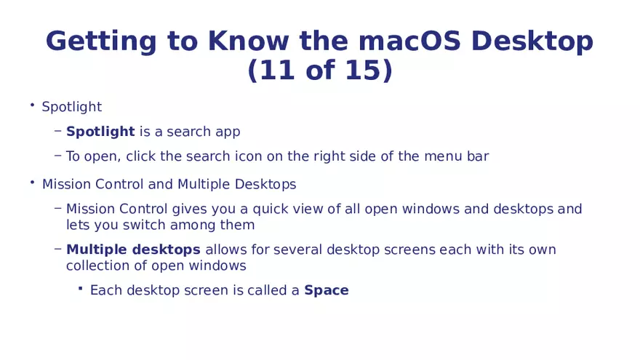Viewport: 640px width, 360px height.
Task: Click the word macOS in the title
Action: pyautogui.click(x=409, y=41)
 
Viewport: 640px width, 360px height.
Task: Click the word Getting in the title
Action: pyautogui.click(x=101, y=42)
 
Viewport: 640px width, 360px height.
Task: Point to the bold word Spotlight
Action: pyautogui.click(x=100, y=132)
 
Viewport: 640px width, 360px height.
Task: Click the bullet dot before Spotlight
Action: pyautogui.click(x=32, y=105)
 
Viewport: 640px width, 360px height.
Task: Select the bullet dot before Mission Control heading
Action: pyautogui.click(x=32, y=183)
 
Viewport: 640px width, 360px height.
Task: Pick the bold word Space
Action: pyautogui.click(x=327, y=291)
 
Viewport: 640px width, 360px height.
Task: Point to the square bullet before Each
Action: pyautogui.click(x=81, y=289)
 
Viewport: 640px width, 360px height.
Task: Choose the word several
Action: pyautogui.click(x=297, y=249)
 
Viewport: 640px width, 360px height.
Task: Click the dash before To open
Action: pyautogui.click(x=57, y=156)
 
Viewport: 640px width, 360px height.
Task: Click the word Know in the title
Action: pyautogui.click(x=248, y=41)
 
